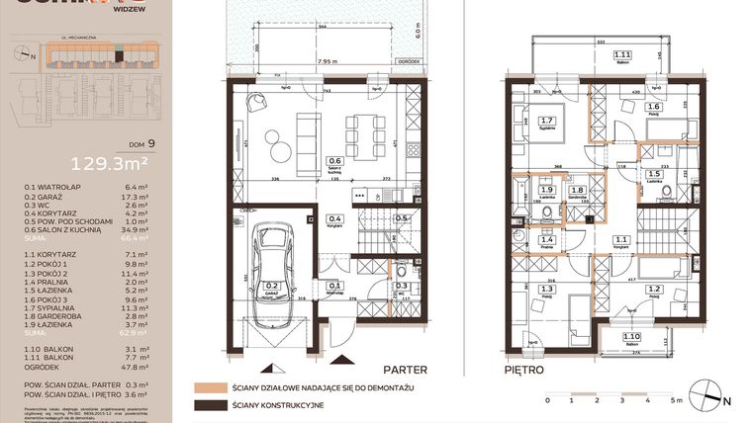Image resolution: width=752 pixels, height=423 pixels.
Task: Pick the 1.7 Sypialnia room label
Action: [x=548, y=123]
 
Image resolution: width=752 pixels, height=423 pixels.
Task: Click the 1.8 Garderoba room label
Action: [x=578, y=192]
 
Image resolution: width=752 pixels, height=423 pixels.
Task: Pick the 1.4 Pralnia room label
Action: [x=548, y=240]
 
